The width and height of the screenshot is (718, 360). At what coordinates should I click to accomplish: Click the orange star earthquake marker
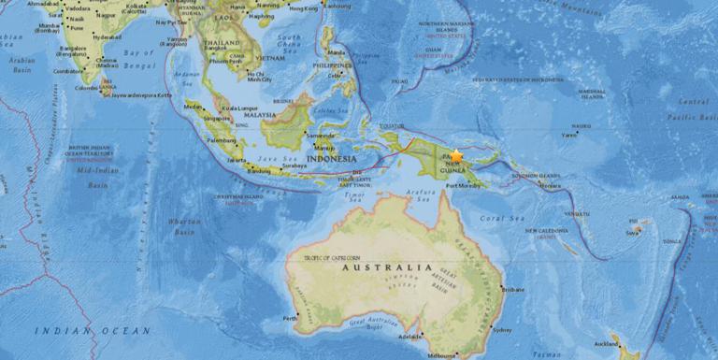point(456,156)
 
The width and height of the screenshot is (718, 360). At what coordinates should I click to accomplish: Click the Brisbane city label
point(514,290)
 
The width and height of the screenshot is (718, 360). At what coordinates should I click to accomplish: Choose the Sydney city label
point(502,330)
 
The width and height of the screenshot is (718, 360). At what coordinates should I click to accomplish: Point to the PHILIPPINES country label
point(334,66)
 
